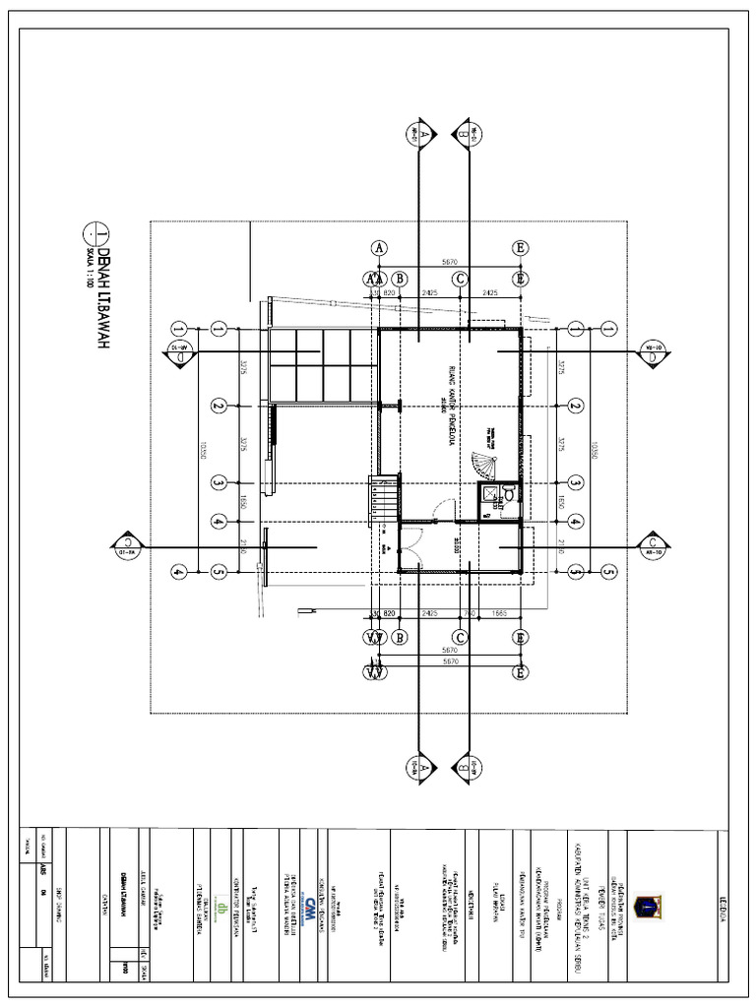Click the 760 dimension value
tap(470, 612)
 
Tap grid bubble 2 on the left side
tap(220, 406)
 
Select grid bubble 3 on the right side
tap(574, 482)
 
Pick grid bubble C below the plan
tap(459, 636)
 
